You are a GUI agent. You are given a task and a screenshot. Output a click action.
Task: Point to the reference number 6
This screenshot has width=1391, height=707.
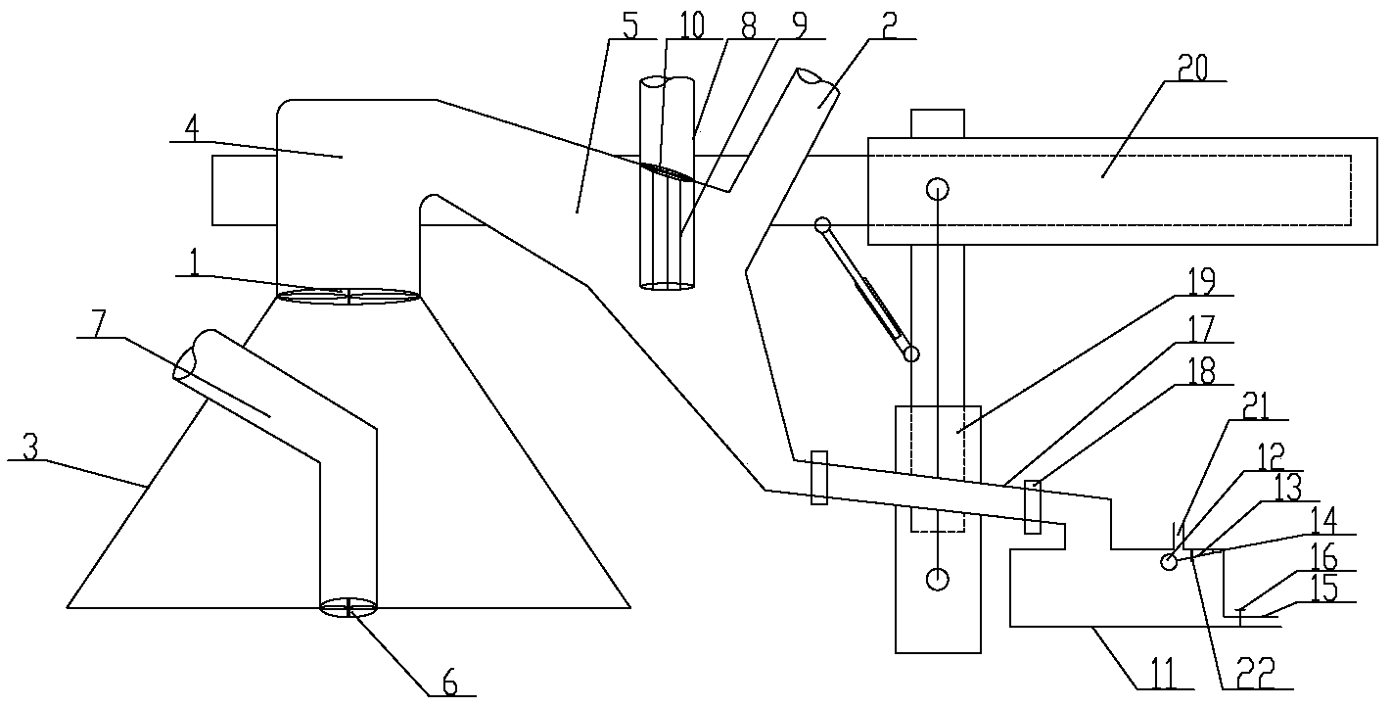point(450,683)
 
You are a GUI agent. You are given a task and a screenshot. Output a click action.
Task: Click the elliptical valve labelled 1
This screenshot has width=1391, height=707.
point(348,296)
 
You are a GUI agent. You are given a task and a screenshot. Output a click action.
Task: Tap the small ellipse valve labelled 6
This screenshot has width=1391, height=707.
point(348,608)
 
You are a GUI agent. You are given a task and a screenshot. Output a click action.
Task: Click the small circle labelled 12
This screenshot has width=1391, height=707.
point(1168,561)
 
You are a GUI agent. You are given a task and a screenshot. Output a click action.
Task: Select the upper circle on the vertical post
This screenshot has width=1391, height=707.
point(938,187)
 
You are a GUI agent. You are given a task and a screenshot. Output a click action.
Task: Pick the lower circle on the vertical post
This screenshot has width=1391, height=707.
point(938,579)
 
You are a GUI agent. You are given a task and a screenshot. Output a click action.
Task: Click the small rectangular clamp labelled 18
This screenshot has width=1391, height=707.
point(1032,507)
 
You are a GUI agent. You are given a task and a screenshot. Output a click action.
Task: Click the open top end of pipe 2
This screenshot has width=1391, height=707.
point(811,76)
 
